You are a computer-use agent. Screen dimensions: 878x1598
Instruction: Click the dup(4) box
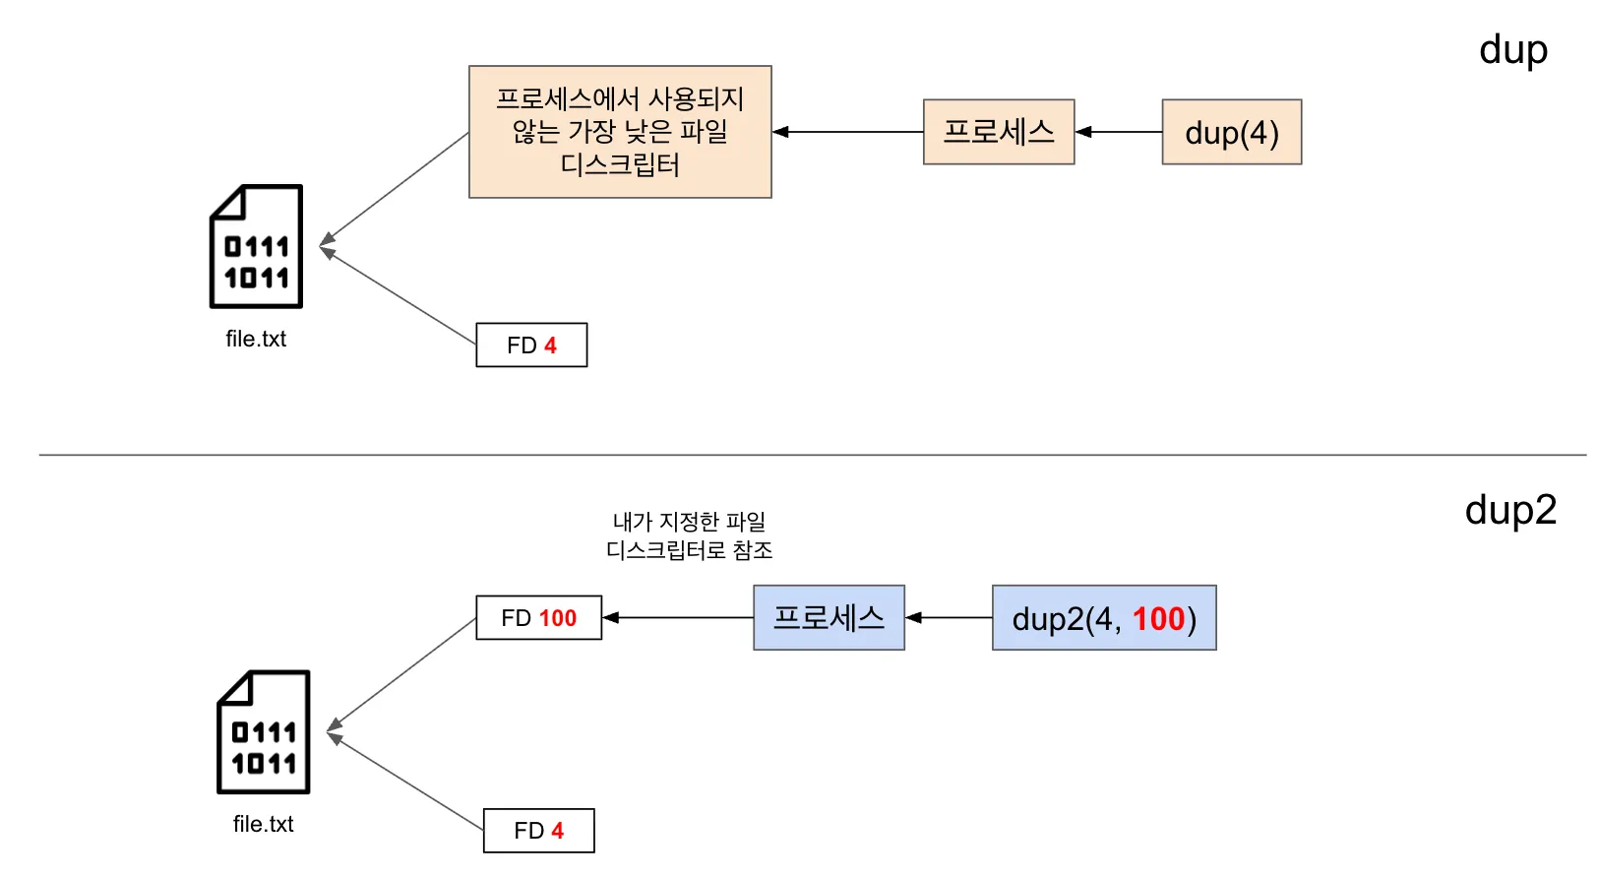pyautogui.click(x=1231, y=132)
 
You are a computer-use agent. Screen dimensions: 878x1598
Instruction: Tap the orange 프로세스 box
pyautogui.click(x=998, y=132)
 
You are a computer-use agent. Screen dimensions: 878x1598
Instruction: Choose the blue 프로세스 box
pyautogui.click(x=829, y=618)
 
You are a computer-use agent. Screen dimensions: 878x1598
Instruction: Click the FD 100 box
pyautogui.click(x=538, y=618)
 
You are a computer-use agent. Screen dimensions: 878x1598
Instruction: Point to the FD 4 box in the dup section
pyautogui.click(x=531, y=345)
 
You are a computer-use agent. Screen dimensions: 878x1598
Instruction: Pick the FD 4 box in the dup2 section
pyautogui.click(x=538, y=831)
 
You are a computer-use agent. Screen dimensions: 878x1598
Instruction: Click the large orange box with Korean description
pyautogui.click(x=620, y=132)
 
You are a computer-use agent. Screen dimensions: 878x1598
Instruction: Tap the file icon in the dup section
pyautogui.click(x=256, y=246)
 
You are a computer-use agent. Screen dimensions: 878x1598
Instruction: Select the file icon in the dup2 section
pyautogui.click(x=263, y=732)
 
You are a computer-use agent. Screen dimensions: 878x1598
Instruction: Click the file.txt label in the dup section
pyautogui.click(x=256, y=339)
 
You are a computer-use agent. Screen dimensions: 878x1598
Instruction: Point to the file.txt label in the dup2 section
pyautogui.click(x=263, y=824)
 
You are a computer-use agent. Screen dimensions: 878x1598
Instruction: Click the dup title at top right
pyautogui.click(x=1512, y=49)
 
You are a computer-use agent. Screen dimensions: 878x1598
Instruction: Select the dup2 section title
pyautogui.click(x=1510, y=510)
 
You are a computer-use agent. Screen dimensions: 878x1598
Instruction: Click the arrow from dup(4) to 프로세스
pyautogui.click(x=1119, y=132)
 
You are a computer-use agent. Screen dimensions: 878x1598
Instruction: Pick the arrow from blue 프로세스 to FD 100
pyautogui.click(x=678, y=618)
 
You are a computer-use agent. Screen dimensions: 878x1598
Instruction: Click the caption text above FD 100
pyautogui.click(x=689, y=535)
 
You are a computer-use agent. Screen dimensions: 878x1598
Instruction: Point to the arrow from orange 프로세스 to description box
pyautogui.click(x=847, y=132)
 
